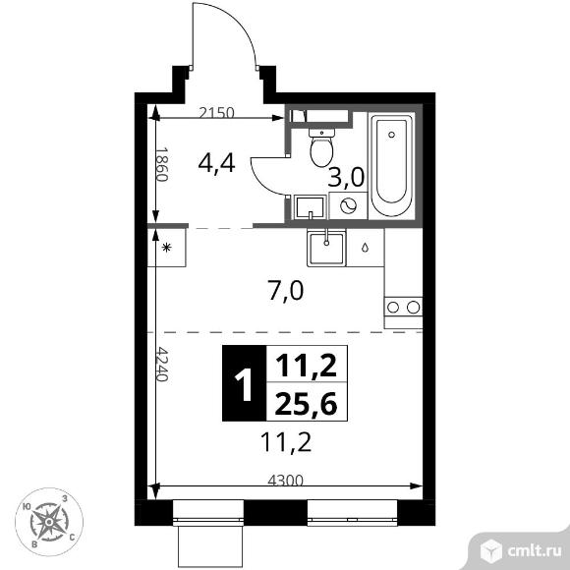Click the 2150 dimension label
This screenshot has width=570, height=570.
(216, 113)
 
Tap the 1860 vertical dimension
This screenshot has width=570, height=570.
(161, 164)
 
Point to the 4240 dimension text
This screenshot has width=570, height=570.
(162, 365)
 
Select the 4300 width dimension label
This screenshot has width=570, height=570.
(285, 481)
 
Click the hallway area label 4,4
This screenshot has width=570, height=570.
(216, 163)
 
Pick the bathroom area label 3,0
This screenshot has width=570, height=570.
(346, 178)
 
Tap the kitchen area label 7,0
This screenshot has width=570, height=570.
(285, 292)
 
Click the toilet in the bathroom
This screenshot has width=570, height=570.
(321, 147)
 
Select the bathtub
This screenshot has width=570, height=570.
(391, 166)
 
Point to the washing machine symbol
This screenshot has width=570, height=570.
(348, 205)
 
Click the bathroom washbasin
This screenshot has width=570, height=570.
(310, 207)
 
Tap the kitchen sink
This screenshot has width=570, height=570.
(326, 248)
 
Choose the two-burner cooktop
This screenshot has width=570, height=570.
(403, 308)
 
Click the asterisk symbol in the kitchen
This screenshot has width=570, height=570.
(166, 248)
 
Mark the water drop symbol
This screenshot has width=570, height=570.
(365, 248)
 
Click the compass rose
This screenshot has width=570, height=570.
(49, 522)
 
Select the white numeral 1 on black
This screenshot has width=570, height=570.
(244, 383)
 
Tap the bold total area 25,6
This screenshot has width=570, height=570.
(306, 404)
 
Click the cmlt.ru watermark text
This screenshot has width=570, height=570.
(534, 551)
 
